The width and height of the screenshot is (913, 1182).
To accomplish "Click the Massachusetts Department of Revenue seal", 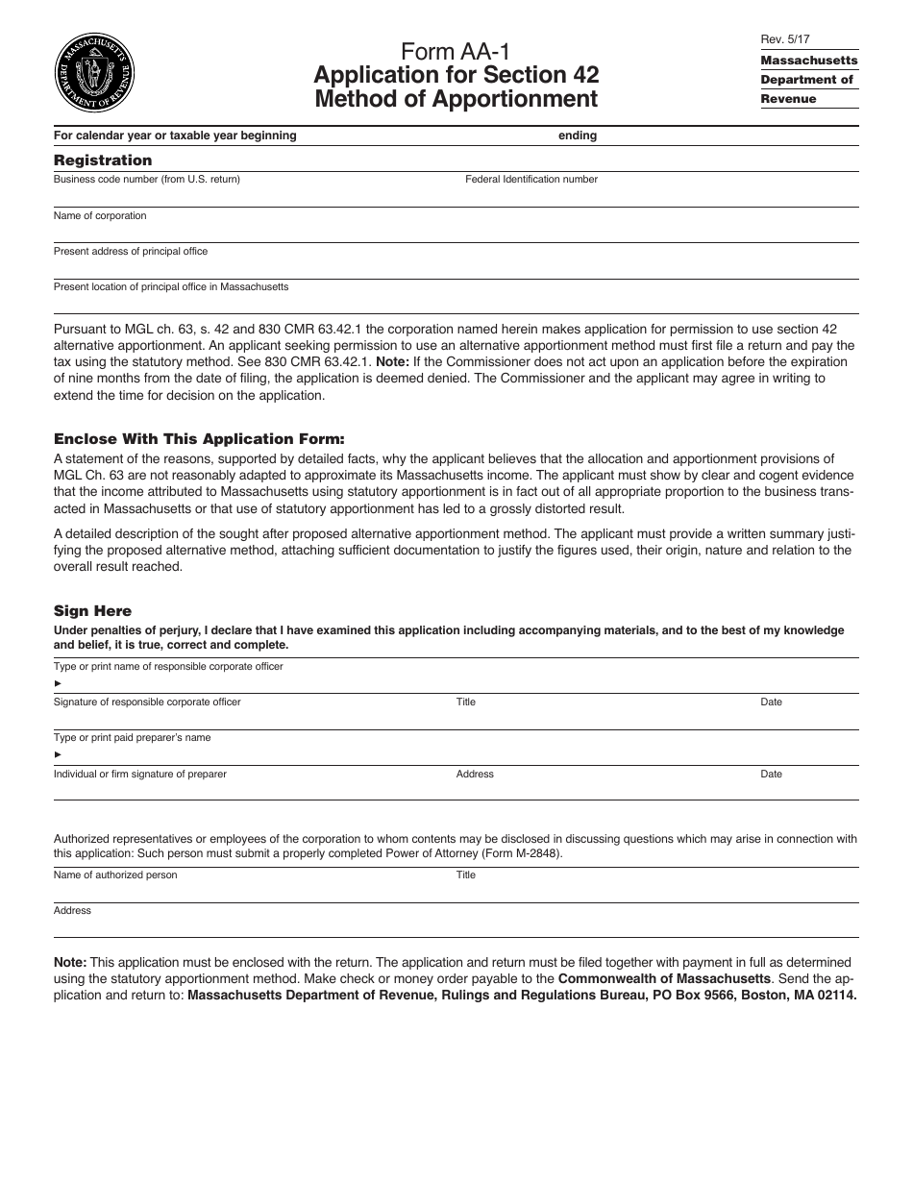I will pyautogui.click(x=96, y=72).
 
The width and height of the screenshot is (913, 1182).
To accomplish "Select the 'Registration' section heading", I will pyautogui.click(x=103, y=160).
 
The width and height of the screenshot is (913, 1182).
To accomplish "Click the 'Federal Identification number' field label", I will pyautogui.click(x=531, y=180).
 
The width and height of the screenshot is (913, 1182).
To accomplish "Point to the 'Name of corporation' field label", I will pyautogui.click(x=100, y=216).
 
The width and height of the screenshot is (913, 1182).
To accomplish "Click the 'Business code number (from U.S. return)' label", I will pyautogui.click(x=147, y=180).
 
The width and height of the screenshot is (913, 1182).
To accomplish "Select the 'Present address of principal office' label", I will pyautogui.click(x=131, y=252).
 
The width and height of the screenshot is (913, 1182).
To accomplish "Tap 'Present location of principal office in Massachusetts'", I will pyautogui.click(x=171, y=287).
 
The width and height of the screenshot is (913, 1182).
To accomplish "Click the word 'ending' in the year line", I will pyautogui.click(x=578, y=135).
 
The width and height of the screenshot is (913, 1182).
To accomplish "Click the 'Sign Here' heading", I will pyautogui.click(x=92, y=611).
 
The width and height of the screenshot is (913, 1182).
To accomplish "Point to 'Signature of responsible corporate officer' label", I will pyautogui.click(x=147, y=702).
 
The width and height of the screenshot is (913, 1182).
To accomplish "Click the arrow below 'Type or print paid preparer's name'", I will pyautogui.click(x=58, y=755).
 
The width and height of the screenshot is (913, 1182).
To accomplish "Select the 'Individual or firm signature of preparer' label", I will pyautogui.click(x=140, y=775).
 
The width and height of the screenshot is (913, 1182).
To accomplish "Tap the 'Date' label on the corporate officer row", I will pyautogui.click(x=772, y=702).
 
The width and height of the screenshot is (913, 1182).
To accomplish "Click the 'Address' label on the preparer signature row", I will pyautogui.click(x=475, y=775).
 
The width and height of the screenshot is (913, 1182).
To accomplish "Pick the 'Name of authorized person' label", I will pyautogui.click(x=115, y=875).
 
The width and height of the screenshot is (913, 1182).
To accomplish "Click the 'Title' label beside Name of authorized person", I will pyautogui.click(x=466, y=875).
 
